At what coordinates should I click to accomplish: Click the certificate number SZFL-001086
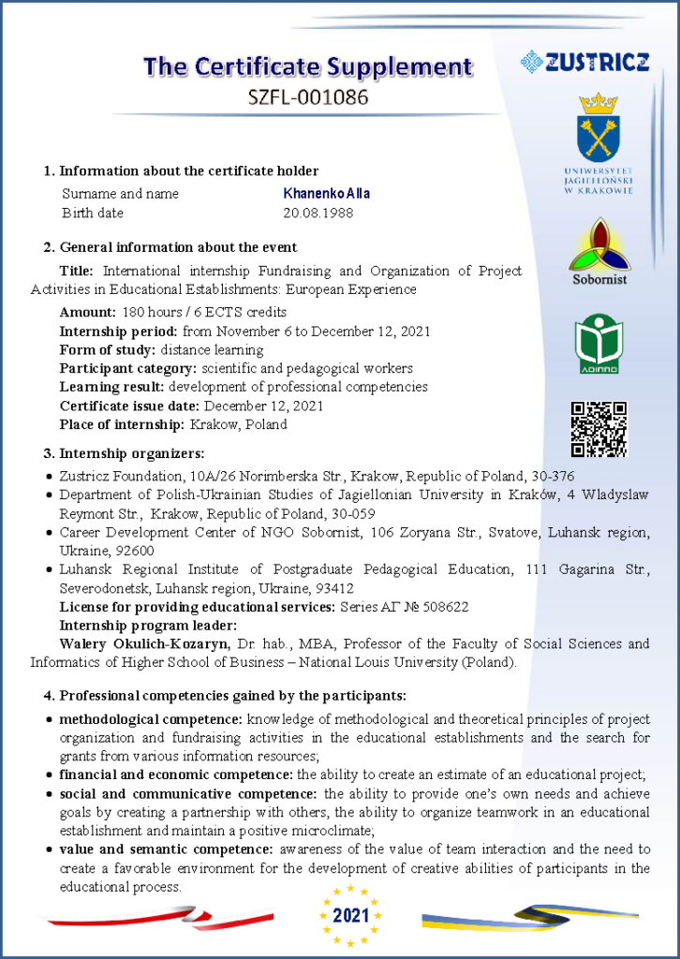(x=307, y=96)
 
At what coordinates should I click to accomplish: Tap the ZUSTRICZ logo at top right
(x=584, y=63)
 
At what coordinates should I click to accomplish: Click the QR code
(x=599, y=429)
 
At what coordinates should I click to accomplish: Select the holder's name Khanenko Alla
(x=326, y=194)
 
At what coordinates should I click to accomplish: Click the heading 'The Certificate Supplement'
(x=307, y=66)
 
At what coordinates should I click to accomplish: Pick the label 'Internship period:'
(x=119, y=331)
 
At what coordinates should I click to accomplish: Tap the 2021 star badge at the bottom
(x=351, y=915)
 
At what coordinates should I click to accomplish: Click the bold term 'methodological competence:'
(x=150, y=719)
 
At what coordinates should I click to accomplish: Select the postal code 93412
(x=334, y=588)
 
